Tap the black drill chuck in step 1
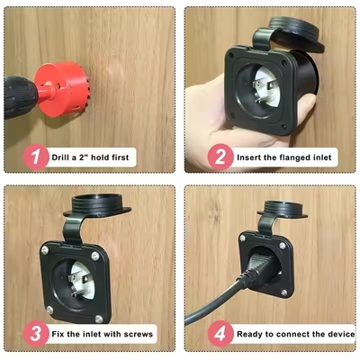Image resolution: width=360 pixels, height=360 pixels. tap(20, 97)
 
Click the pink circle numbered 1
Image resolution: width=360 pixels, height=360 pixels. tap(36, 157)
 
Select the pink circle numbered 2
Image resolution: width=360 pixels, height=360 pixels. tap(220, 157)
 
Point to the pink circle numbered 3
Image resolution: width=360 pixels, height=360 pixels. tap(36, 334)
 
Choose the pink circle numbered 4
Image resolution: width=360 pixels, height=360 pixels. tap(220, 334)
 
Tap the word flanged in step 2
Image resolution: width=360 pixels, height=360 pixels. tap(293, 157)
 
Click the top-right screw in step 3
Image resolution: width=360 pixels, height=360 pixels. tap(95, 256)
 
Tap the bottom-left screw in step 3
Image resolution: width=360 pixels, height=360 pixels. tap(49, 310)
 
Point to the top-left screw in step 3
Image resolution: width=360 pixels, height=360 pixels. tap(44, 249)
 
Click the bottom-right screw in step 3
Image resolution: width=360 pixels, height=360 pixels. tap(99, 319)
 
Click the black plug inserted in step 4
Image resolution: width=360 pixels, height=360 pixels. tap(258, 268)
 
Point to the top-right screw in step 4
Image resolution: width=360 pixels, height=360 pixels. tap(283, 246)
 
